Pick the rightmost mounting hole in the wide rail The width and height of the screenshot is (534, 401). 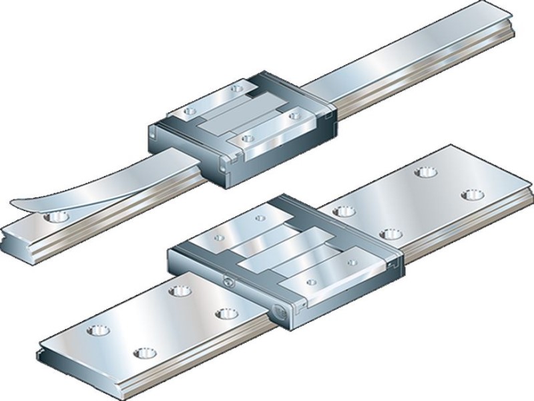473,194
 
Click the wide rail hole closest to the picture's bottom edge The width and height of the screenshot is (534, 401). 143,352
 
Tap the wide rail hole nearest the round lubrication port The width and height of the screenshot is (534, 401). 225,313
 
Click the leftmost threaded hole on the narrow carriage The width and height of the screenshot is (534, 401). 189,110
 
